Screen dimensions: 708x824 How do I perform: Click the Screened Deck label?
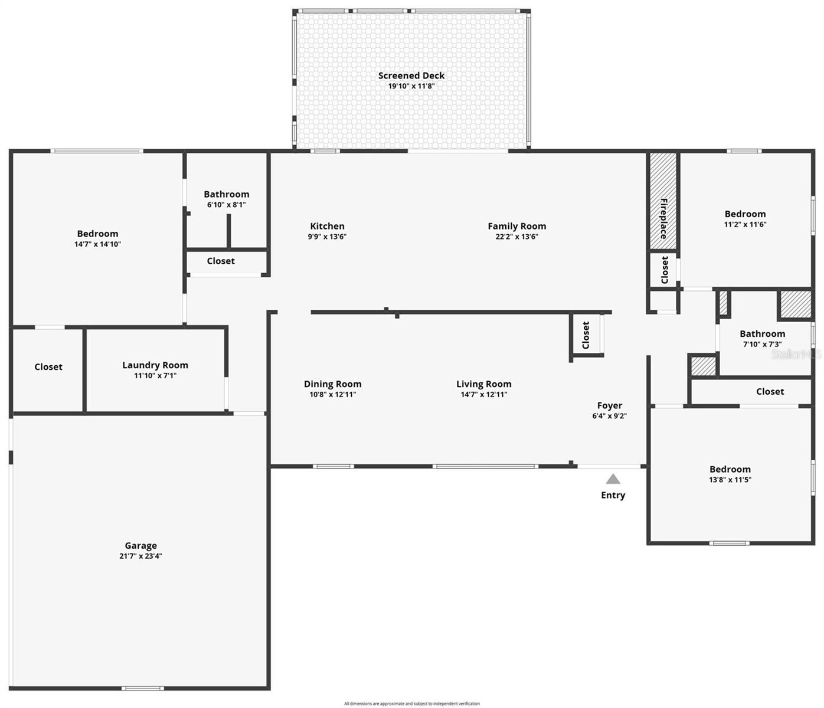coord(411,76)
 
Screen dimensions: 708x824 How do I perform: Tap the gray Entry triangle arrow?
coord(613,479)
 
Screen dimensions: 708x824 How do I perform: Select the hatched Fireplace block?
coord(663,201)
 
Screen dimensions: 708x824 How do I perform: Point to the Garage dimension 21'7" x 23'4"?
coord(140,556)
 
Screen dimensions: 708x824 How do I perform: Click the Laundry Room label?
coord(155,365)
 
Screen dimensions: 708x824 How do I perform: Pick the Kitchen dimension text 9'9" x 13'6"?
coord(327,237)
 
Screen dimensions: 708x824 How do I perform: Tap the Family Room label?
coord(516,226)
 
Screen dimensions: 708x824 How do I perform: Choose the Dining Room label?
coord(332,384)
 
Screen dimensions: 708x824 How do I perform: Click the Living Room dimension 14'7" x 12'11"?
coord(483,395)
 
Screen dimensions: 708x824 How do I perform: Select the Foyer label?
coord(609,405)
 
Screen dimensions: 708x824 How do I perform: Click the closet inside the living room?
coord(586,335)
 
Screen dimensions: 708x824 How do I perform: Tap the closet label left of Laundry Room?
coord(48,367)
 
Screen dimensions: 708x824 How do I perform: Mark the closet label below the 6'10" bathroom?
coord(221,261)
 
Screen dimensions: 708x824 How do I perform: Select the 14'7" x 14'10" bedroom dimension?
coord(97,244)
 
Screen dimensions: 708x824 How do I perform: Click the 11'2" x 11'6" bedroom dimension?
coord(745,224)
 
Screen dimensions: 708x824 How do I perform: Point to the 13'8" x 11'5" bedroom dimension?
coord(730,480)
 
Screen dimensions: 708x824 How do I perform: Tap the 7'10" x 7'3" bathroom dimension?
coord(762,344)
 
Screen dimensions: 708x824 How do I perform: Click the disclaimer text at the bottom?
coord(411,703)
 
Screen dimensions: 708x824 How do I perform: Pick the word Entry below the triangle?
coord(613,495)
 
